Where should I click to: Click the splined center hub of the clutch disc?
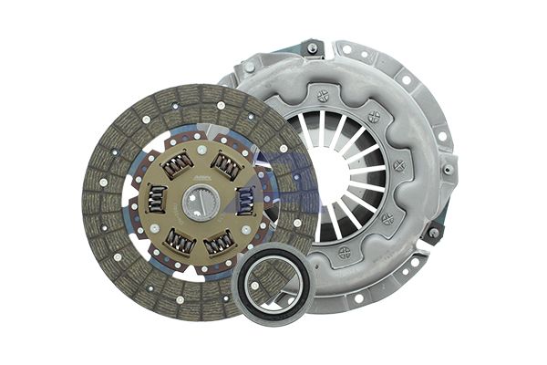pyautogui.click(x=199, y=201)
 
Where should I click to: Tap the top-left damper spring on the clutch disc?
pyautogui.click(x=177, y=164)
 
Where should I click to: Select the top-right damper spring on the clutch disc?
pyautogui.click(x=225, y=166)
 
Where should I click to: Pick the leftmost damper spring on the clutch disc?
pyautogui.click(x=157, y=199)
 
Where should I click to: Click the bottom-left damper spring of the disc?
pyautogui.click(x=179, y=240)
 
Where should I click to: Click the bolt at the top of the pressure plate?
pyautogui.click(x=312, y=48)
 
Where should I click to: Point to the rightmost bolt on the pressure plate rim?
pyautogui.click(x=449, y=170)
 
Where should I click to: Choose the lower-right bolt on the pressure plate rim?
pyautogui.click(x=434, y=233)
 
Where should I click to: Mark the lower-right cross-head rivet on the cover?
pyautogui.click(x=387, y=218)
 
